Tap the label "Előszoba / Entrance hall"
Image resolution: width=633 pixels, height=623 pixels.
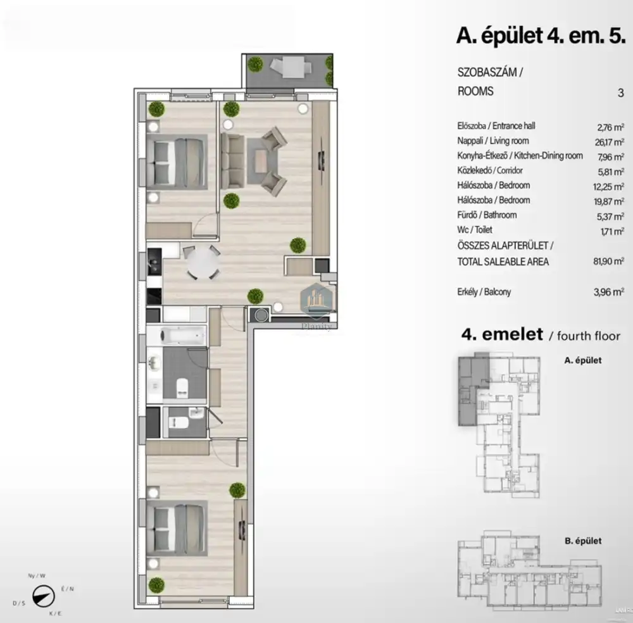496,126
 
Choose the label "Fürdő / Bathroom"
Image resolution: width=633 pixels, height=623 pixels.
486,215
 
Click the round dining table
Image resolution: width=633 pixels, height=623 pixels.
203,263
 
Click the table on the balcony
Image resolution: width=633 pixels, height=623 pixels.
292,66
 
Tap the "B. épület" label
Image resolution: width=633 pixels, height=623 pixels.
582,541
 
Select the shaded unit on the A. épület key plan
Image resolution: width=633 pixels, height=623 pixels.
471,389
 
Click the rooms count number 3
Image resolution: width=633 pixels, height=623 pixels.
620,92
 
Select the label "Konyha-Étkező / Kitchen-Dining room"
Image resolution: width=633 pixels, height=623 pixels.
519,156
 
